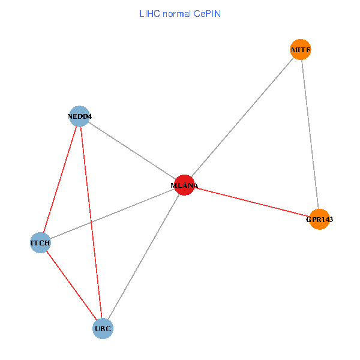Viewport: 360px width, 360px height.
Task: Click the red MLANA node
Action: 184,185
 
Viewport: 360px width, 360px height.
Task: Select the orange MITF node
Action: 301,49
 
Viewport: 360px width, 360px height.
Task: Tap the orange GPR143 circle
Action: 319,220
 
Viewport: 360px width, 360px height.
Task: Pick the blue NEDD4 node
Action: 79,116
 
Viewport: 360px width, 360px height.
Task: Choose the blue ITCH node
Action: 40,243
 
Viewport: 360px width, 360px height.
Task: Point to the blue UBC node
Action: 103,328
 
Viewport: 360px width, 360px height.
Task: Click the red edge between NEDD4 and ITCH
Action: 60,179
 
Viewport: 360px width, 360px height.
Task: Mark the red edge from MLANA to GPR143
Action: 252,203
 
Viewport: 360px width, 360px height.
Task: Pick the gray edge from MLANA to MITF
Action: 242,118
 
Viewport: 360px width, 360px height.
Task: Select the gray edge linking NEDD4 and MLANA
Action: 132,151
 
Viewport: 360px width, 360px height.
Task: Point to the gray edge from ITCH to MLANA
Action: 112,214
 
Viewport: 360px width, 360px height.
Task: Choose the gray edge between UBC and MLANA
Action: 143,257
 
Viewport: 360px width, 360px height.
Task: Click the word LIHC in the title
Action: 149,13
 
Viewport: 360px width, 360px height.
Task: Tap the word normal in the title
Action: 178,13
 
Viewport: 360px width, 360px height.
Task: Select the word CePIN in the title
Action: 208,13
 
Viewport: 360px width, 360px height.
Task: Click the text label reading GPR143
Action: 319,220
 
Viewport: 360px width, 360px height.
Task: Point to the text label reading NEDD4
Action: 79,116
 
